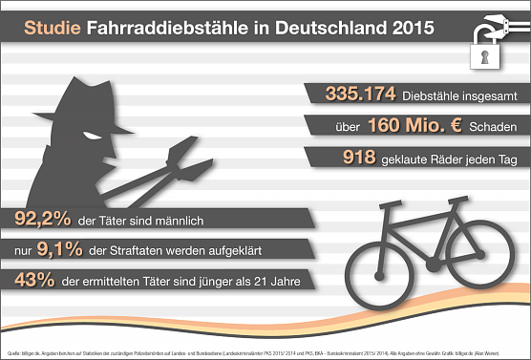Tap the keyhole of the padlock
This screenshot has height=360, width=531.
click(x=485, y=56)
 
